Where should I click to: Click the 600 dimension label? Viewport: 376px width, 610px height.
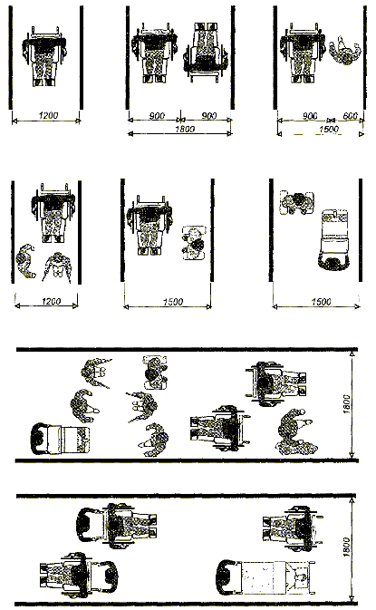pos(350,116)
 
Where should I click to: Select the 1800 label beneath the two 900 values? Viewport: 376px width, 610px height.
pos(184,129)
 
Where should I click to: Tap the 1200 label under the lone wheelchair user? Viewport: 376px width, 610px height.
pos(48,115)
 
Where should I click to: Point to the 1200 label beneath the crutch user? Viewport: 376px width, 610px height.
pos(51,301)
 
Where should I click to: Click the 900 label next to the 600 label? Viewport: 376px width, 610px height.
pos(310,116)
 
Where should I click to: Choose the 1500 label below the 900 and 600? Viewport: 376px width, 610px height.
pos(329,129)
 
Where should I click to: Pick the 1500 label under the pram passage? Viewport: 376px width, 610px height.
pos(321,302)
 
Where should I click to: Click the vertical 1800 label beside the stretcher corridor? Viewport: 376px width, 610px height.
pos(347,547)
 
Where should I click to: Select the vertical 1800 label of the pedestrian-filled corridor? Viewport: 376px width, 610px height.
pos(347,404)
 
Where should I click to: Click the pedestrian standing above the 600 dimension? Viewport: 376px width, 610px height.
pos(345,50)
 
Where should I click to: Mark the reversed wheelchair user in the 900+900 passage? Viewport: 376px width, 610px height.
pos(206,53)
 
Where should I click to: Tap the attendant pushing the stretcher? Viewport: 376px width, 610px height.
pos(227,577)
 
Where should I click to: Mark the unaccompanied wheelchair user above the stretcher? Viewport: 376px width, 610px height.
pos(293,528)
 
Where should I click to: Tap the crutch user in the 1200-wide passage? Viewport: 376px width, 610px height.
pos(58,266)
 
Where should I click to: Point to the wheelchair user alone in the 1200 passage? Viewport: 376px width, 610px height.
pos(45,55)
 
